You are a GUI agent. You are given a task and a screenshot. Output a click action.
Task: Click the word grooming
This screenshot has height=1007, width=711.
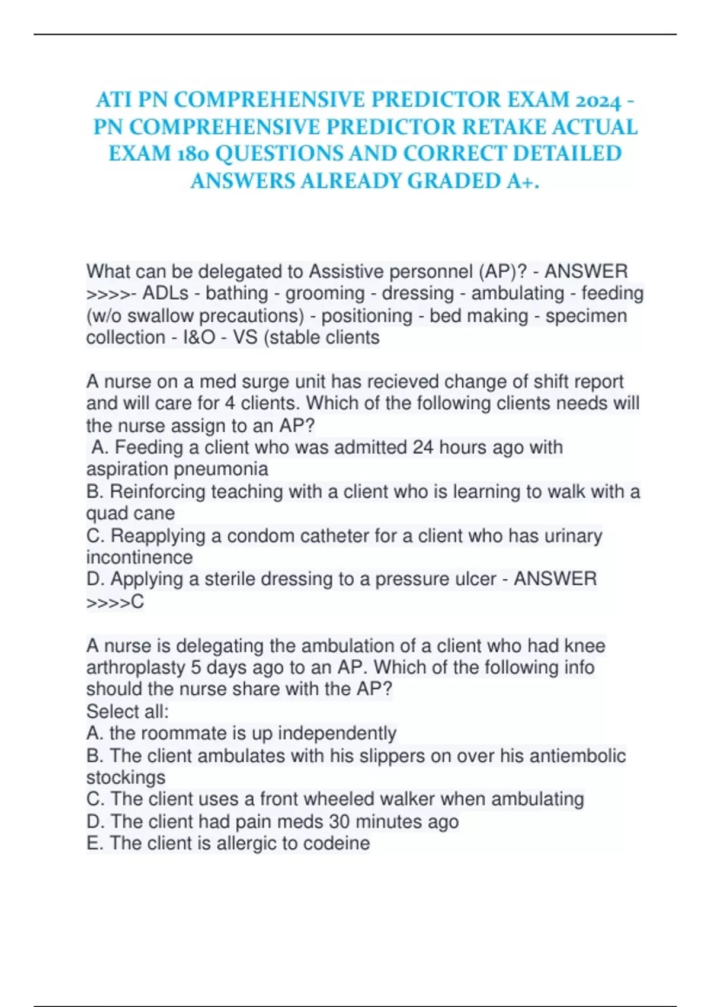[x=325, y=293]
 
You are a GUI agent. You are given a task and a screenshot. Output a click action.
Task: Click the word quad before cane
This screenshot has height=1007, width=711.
[x=107, y=513]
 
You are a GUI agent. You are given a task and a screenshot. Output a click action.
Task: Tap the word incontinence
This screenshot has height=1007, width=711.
[x=139, y=557]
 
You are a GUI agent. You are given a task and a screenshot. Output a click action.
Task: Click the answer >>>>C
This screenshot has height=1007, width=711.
[x=115, y=602]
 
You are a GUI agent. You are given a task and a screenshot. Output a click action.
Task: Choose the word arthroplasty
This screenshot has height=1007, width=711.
[x=136, y=668]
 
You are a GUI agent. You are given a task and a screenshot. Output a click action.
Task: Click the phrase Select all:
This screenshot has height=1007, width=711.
[x=127, y=711]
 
